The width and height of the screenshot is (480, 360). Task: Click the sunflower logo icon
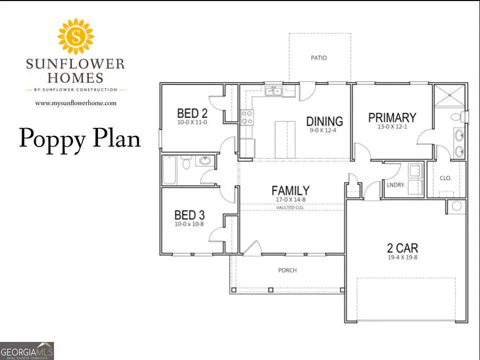pyautogui.click(x=75, y=36)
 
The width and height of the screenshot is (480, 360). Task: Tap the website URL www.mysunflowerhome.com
pyautogui.click(x=75, y=103)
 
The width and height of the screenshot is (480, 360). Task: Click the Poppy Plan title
pyautogui.click(x=80, y=138)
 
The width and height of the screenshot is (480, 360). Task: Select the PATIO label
pyautogui.click(x=319, y=58)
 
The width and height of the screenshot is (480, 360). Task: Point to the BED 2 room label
pyautogui.click(x=192, y=113)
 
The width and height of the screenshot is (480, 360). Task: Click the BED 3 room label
pyautogui.click(x=190, y=215)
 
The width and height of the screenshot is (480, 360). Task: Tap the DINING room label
pyautogui.click(x=324, y=121)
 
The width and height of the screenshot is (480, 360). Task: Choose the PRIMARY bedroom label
pyautogui.click(x=392, y=117)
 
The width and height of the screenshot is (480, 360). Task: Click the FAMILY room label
pyautogui.click(x=290, y=190)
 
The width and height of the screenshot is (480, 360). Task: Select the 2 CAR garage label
pyautogui.click(x=402, y=248)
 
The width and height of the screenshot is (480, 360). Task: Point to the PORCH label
pyautogui.click(x=287, y=270)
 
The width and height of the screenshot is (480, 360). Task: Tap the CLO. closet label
pyautogui.click(x=446, y=178)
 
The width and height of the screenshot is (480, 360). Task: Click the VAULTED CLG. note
pyautogui.click(x=290, y=207)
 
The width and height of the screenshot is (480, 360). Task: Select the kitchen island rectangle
pyautogui.click(x=285, y=139)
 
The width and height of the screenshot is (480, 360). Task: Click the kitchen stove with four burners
pyautogui.click(x=247, y=117)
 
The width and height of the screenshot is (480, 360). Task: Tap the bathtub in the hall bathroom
pyautogui.click(x=169, y=170)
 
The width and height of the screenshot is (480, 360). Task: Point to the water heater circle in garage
pyautogui.click(x=456, y=206)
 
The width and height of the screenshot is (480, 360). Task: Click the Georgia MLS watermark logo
pyautogui.click(x=27, y=351)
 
